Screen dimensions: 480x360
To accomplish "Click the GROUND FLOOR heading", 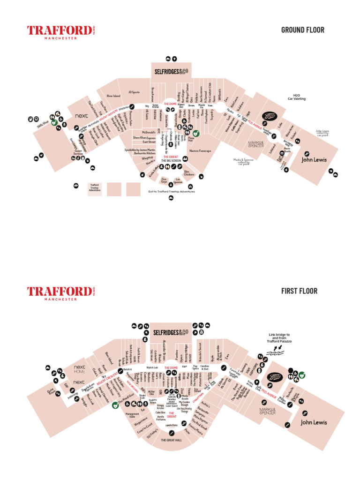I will coord(302,30).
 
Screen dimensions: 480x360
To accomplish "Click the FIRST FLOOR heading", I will coord(299,291).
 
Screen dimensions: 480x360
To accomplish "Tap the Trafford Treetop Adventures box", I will coord(95,188).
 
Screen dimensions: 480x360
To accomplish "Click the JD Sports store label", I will coord(134,92).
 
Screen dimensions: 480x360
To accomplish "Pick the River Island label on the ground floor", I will coord(113,96).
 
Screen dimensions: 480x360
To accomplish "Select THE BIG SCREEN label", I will coord(171,160).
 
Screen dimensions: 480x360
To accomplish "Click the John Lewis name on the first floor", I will coord(314,422).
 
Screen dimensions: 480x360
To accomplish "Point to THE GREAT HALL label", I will coord(171,440).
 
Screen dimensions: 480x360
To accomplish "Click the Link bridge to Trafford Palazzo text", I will coord(279,338).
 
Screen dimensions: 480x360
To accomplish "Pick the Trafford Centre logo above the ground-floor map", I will coord(60,32).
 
